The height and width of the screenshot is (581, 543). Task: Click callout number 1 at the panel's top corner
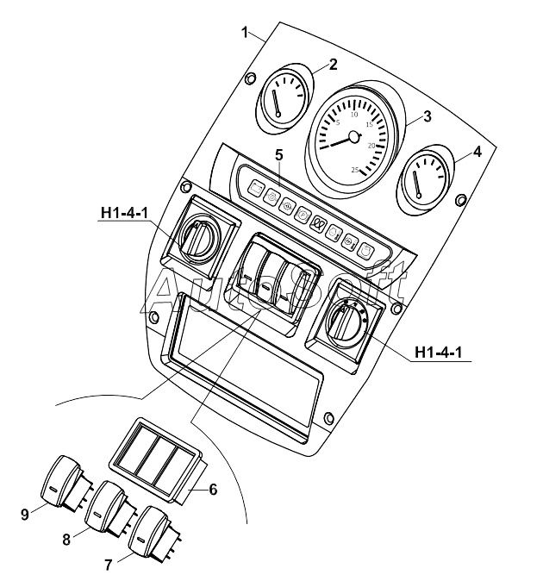point(245,33)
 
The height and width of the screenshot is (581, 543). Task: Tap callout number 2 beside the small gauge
point(333,65)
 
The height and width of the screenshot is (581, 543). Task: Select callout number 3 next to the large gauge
point(428,116)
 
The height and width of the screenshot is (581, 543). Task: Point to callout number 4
point(477,151)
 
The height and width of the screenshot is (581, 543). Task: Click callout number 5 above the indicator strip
point(279,155)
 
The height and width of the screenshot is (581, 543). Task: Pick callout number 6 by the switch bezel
point(213,490)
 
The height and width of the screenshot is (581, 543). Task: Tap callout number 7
point(108,565)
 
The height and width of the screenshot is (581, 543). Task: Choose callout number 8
point(66,540)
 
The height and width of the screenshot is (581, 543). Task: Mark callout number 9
point(25,515)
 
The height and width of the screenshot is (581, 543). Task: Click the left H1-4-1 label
point(124,213)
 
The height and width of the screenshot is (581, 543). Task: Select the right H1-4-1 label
point(439,352)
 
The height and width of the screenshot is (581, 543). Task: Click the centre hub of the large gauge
point(354,137)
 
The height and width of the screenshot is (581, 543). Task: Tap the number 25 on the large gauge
point(355,170)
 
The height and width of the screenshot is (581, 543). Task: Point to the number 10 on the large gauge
point(354,114)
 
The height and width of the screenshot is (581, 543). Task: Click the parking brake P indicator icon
point(303,214)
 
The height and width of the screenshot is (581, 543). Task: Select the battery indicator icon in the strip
point(256,188)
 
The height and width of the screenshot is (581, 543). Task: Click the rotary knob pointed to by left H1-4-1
point(199,236)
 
